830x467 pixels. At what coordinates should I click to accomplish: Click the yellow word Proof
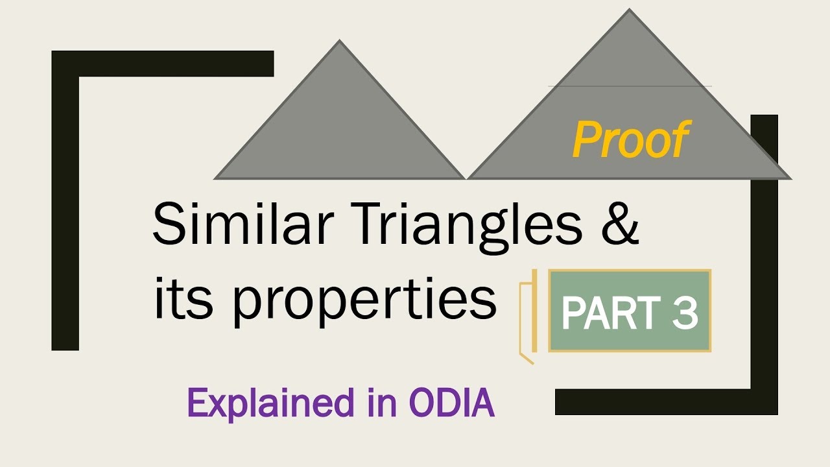630,141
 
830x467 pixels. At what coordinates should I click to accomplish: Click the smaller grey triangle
339,130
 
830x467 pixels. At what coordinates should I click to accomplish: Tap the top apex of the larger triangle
629,10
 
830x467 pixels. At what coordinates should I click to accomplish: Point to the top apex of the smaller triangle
339,41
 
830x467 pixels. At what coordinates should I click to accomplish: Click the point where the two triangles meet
466,178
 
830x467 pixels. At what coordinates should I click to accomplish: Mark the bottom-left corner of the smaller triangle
215,178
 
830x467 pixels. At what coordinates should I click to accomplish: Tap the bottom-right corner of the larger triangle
790,178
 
